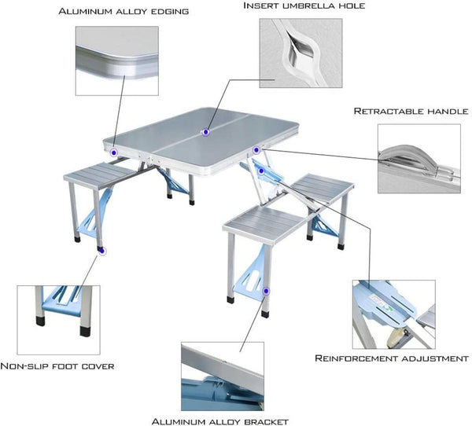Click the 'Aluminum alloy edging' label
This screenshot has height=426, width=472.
[124, 12]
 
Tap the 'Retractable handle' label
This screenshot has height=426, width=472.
[410, 112]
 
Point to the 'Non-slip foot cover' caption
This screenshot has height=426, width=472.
[57, 365]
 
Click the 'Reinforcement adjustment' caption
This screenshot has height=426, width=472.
[391, 358]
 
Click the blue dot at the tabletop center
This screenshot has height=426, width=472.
[205, 131]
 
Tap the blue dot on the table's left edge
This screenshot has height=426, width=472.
[114, 150]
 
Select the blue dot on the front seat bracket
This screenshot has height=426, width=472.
[267, 290]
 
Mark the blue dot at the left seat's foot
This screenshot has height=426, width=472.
[102, 251]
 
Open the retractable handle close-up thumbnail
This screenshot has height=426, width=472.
[418, 158]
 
